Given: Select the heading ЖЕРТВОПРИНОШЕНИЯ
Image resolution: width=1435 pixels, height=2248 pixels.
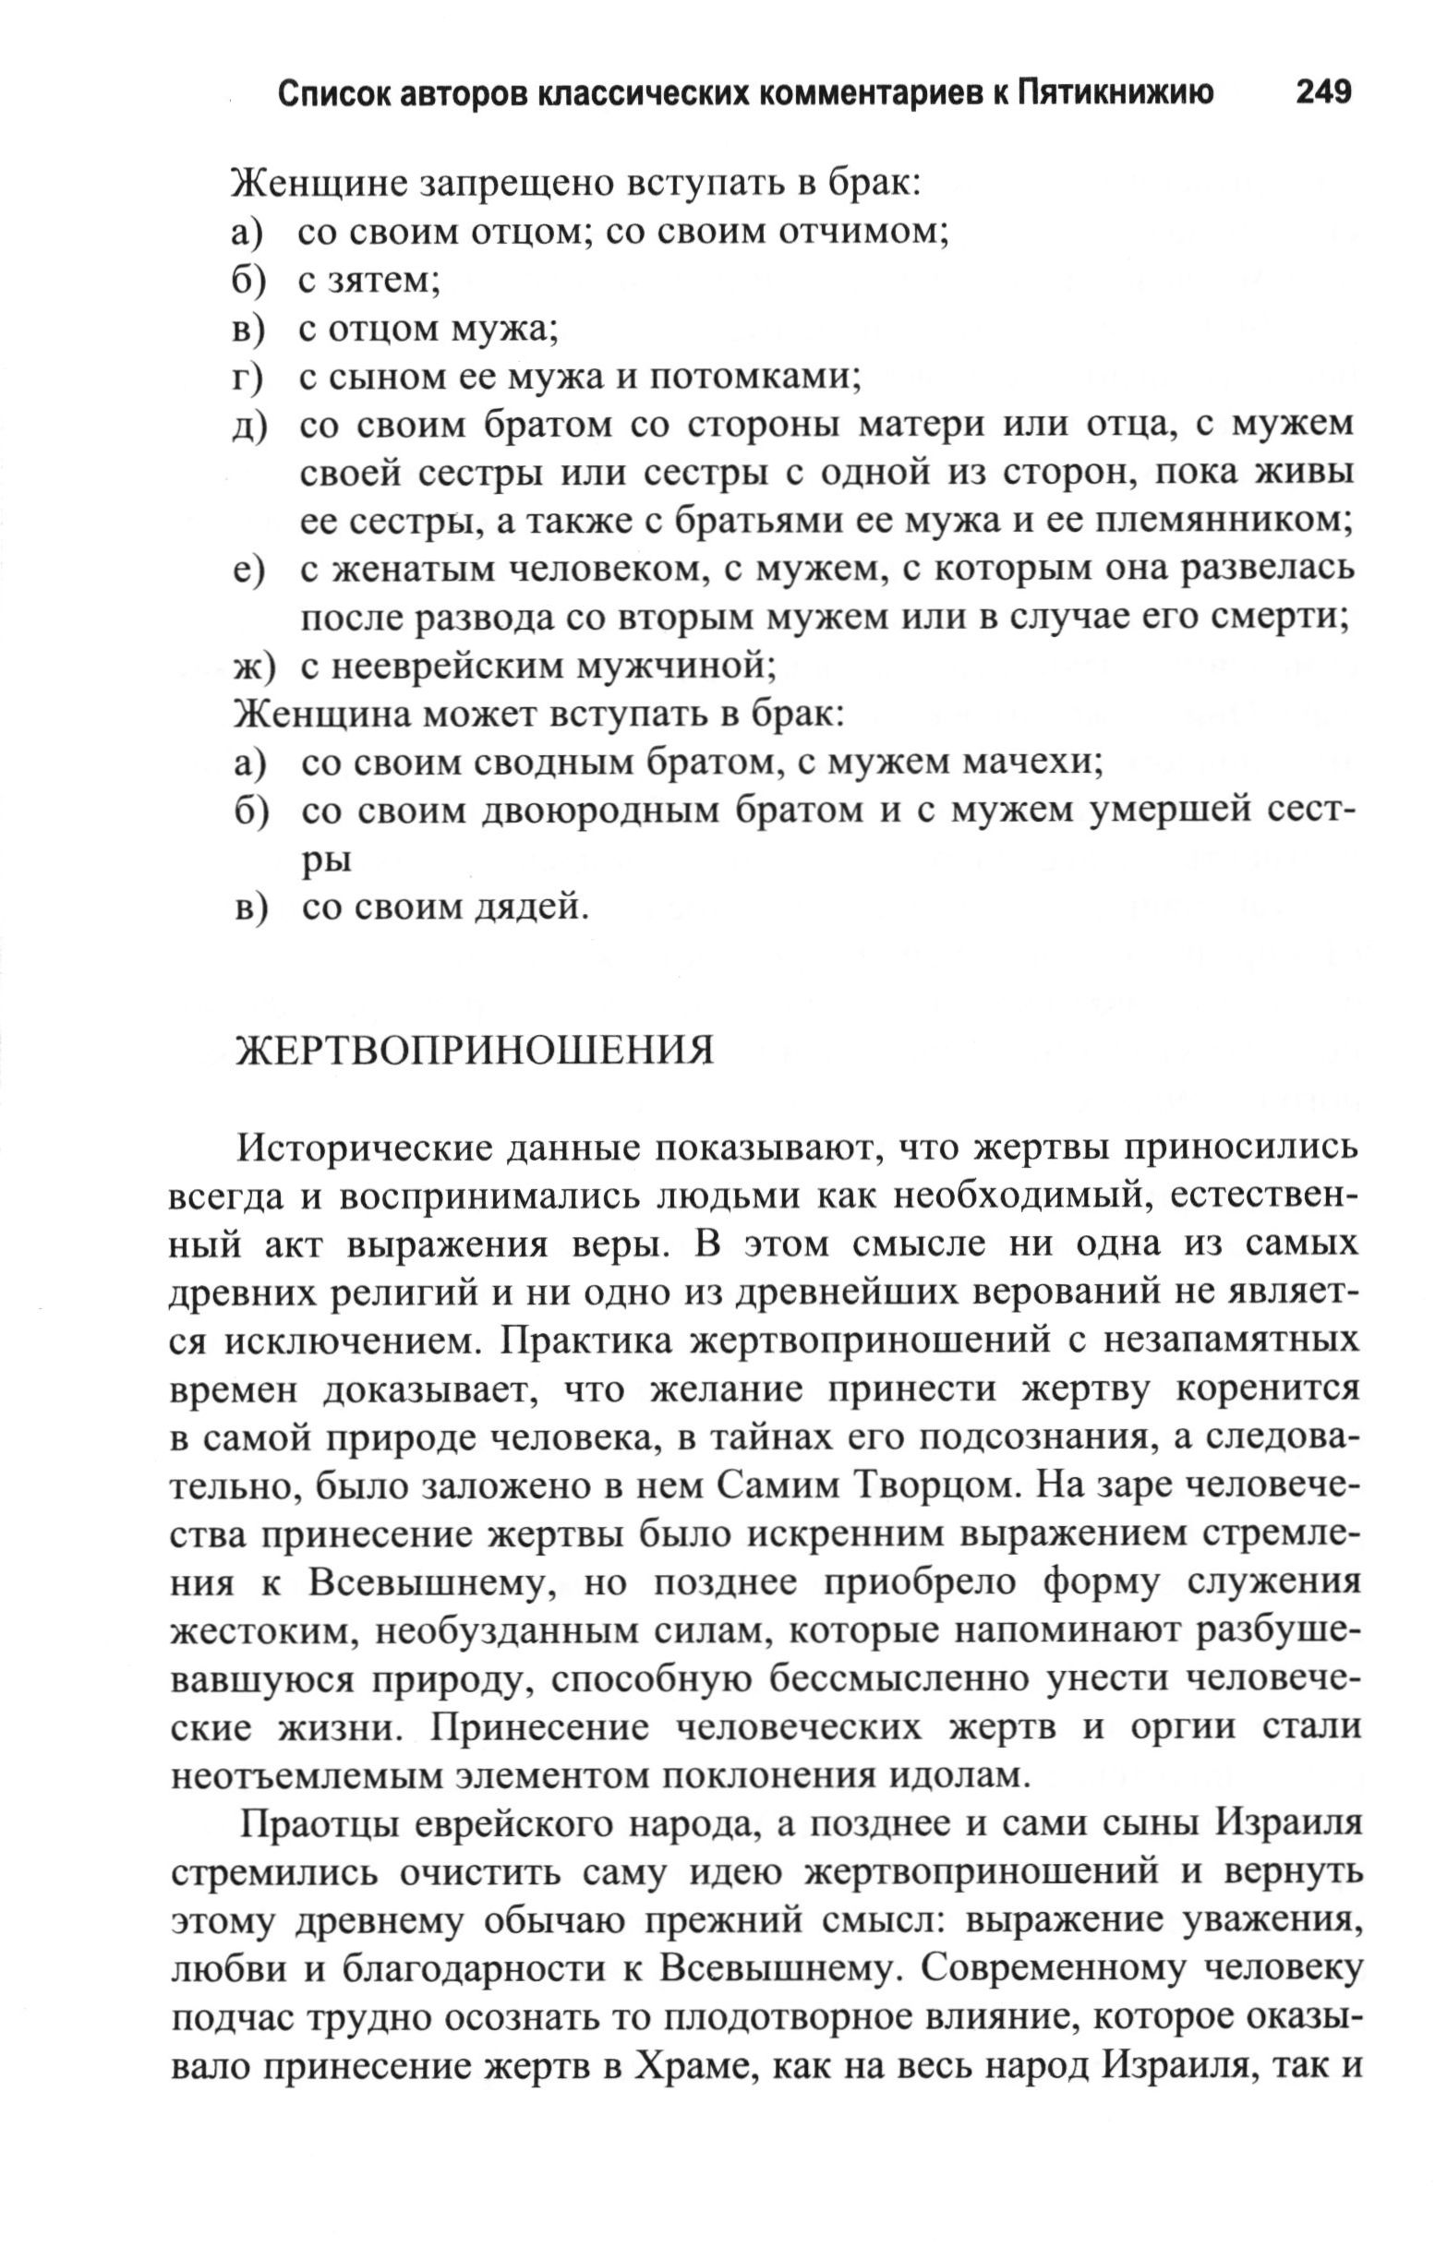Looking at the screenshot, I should coord(476,1051).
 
